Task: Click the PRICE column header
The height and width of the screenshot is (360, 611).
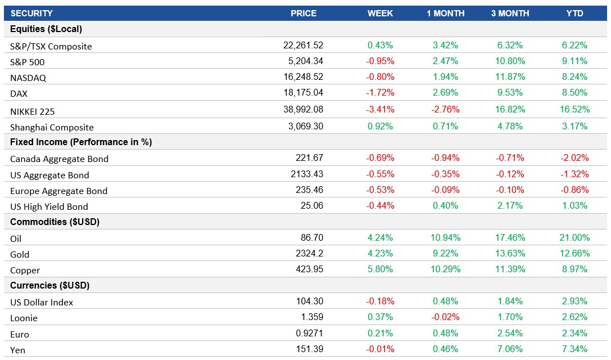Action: (x=304, y=13)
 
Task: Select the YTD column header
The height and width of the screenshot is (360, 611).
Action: (x=574, y=13)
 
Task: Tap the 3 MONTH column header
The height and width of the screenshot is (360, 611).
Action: (x=510, y=13)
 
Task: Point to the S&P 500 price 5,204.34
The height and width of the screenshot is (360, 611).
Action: (x=303, y=61)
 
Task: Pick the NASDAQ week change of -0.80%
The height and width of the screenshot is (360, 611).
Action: (x=380, y=76)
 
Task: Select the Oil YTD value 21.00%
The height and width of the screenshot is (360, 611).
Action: (x=574, y=238)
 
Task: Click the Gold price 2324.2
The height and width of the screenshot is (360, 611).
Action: (x=309, y=254)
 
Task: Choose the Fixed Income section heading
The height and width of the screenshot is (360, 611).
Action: (x=81, y=142)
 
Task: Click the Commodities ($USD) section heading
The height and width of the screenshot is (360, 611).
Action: (x=55, y=222)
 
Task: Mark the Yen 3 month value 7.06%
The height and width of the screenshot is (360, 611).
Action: (x=510, y=349)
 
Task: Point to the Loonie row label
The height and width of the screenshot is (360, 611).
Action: (x=24, y=318)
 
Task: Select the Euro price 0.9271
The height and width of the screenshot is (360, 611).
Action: (x=310, y=334)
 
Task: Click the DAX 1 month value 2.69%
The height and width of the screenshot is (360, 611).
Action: (x=445, y=92)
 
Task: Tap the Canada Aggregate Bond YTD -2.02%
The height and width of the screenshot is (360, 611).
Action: (x=574, y=158)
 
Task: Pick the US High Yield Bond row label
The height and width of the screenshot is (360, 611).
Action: (x=49, y=206)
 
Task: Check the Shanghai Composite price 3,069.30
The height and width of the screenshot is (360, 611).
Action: (x=305, y=127)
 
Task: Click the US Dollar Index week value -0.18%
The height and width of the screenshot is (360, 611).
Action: (x=380, y=301)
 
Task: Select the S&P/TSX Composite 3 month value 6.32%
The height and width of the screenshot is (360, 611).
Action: (x=510, y=45)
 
